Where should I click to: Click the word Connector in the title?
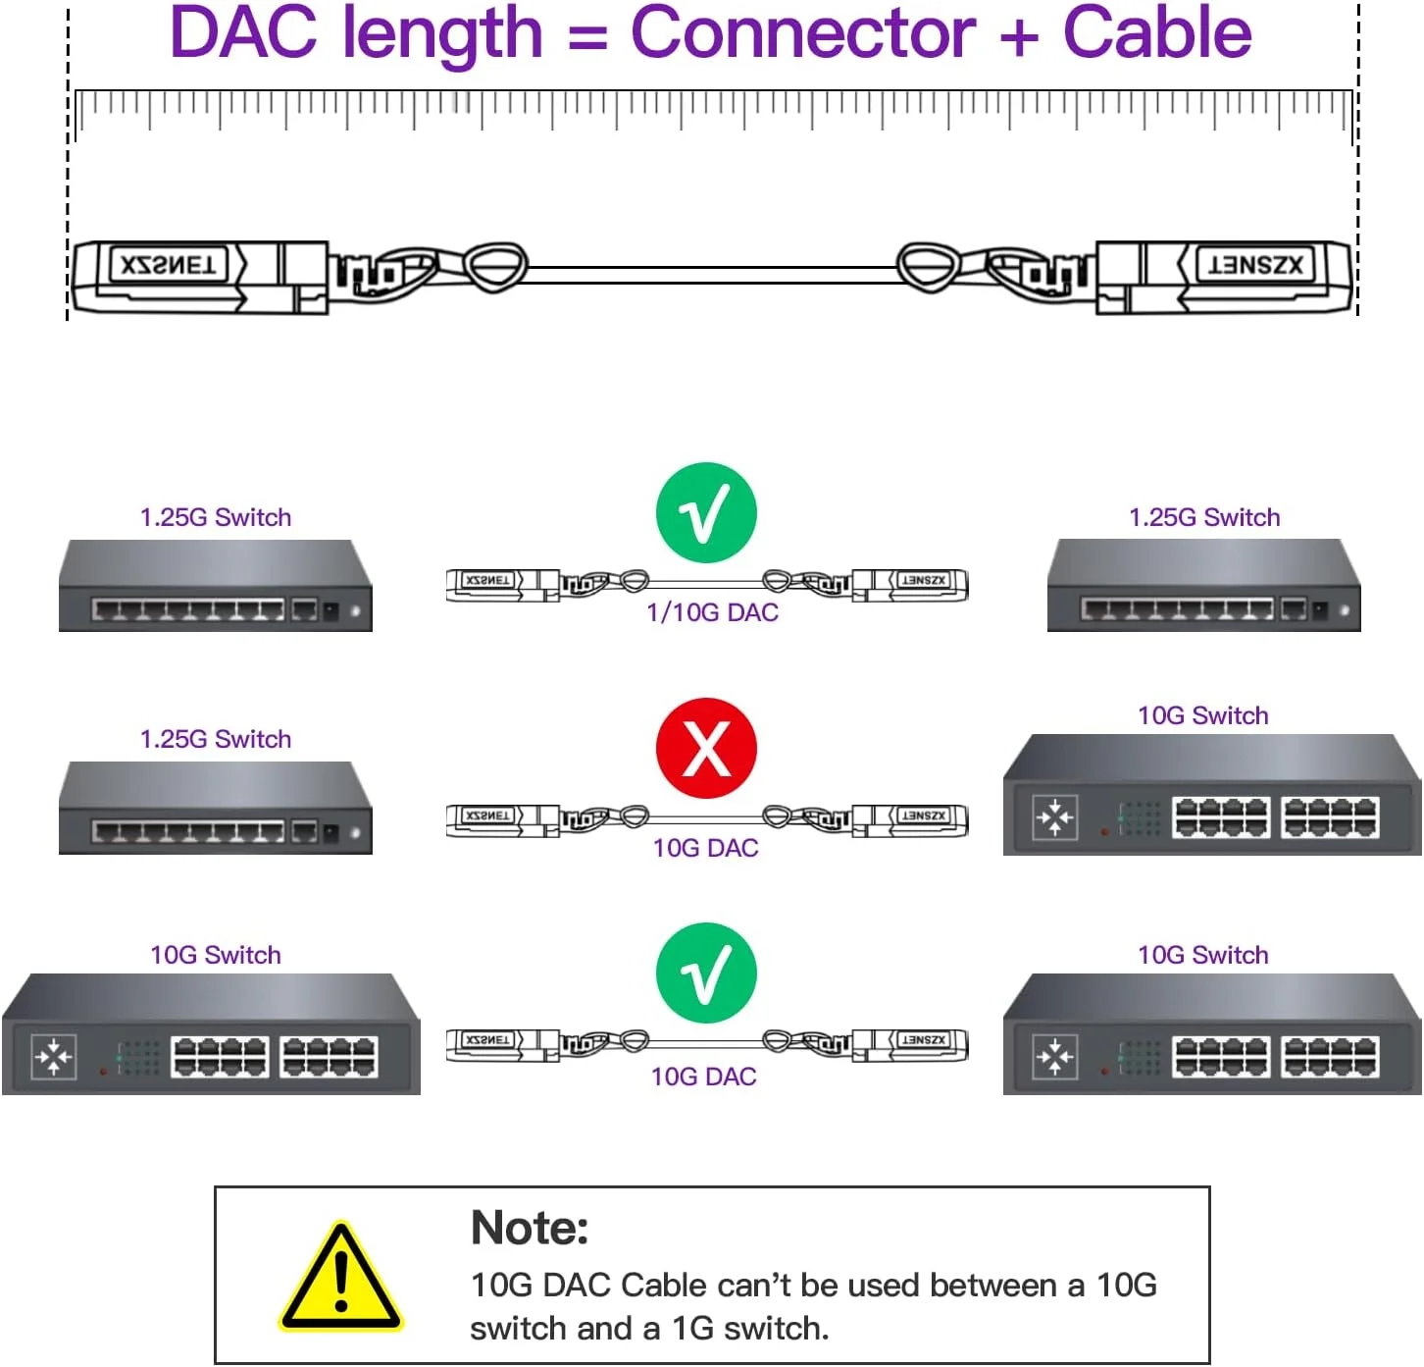[802, 33]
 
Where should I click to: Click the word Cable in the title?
[1156, 33]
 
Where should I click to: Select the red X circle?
[706, 749]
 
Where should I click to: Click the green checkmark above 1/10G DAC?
[706, 513]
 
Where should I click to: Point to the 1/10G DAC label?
[712, 612]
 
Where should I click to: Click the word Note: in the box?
[530, 1228]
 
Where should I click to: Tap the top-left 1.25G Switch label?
[216, 517]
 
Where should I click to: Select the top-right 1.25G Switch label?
[1204, 517]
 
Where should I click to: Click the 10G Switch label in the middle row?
[1202, 715]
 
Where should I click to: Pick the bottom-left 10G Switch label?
[216, 955]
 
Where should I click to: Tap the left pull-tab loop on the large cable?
[494, 266]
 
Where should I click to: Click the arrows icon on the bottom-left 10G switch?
[53, 1057]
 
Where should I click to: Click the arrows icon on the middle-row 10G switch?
[1054, 816]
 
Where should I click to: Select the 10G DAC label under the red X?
[706, 848]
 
